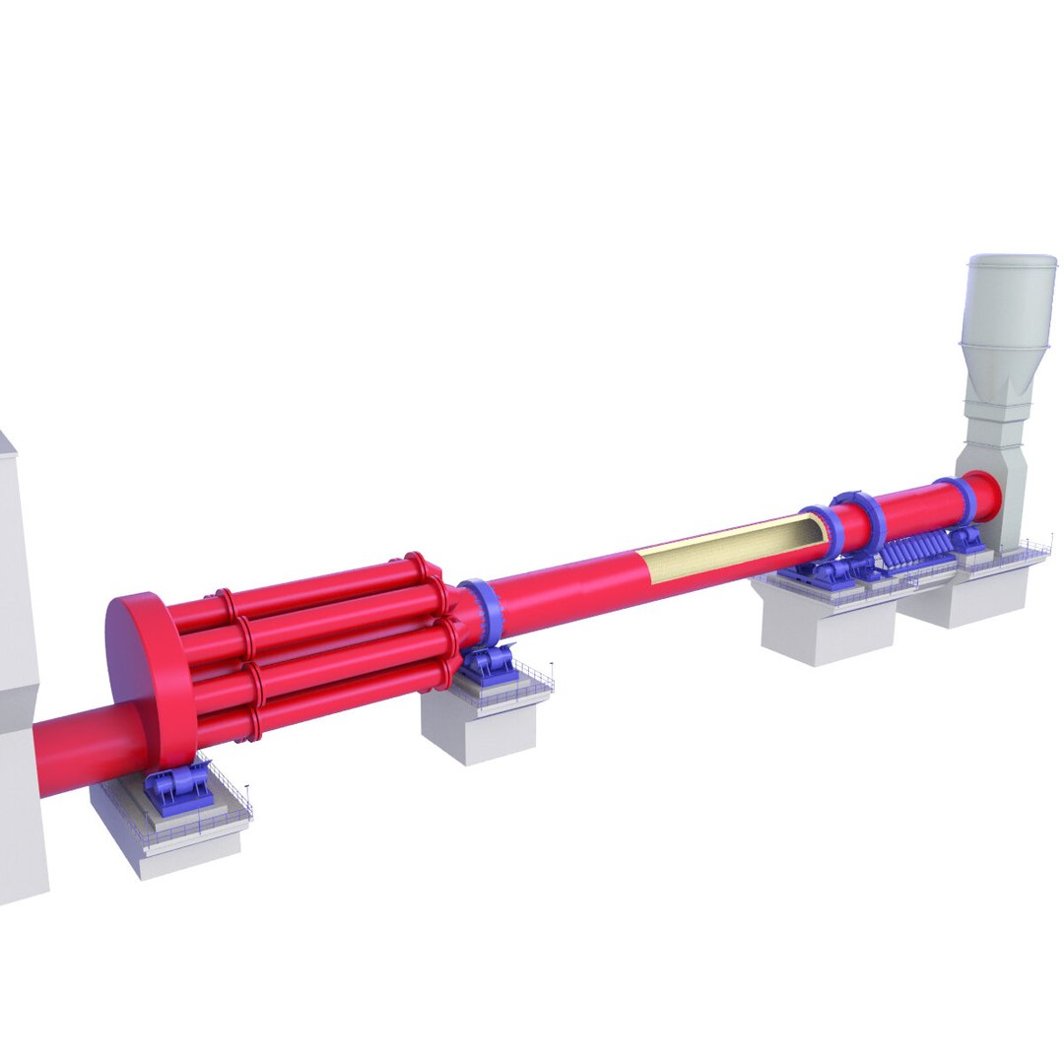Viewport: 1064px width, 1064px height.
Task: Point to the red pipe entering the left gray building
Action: click(x=79, y=749)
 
